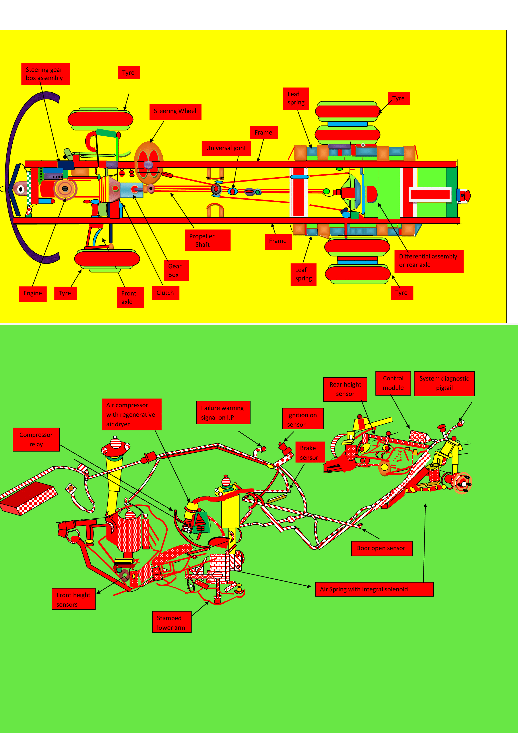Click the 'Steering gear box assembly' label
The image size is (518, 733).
tap(46, 74)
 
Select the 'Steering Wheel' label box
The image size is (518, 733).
tap(175, 112)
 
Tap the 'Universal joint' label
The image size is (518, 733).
tap(226, 149)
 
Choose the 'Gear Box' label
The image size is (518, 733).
tap(176, 270)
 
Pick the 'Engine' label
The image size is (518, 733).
tap(33, 294)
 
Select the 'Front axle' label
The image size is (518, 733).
tap(130, 297)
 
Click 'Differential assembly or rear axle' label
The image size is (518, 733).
tap(429, 261)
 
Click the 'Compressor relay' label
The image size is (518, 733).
tap(36, 440)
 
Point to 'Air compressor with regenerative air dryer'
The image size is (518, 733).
tap(132, 414)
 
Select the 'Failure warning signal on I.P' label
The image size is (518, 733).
tap(223, 412)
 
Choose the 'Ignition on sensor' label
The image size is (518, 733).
tap(303, 418)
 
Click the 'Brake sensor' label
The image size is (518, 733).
tap(310, 452)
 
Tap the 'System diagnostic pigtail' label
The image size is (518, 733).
tap(444, 383)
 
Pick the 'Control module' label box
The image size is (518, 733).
tap(393, 383)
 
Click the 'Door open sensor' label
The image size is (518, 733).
tap(382, 548)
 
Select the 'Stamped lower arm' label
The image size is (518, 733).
tap(172, 622)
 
